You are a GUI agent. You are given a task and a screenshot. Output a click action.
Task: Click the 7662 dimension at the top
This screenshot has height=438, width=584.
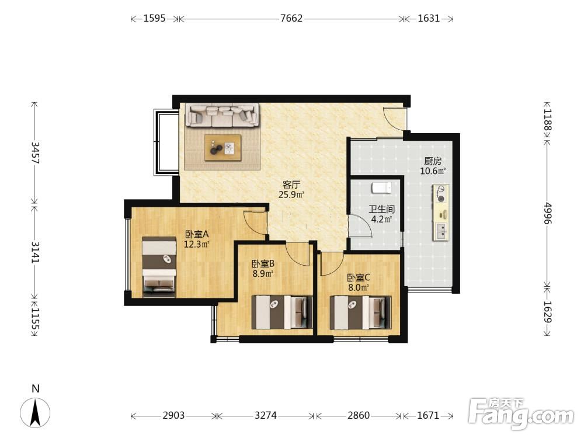[x=291, y=18]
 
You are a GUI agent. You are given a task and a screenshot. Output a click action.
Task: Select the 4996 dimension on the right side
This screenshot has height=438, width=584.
[x=547, y=213]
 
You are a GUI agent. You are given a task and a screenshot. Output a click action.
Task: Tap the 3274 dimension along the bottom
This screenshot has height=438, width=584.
[x=266, y=415]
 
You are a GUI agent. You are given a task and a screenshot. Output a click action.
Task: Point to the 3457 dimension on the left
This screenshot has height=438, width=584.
[x=35, y=152]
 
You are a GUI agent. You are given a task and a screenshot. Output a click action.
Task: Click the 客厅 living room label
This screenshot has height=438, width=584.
[x=291, y=185]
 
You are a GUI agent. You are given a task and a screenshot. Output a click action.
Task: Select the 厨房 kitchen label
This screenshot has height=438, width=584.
[x=433, y=161]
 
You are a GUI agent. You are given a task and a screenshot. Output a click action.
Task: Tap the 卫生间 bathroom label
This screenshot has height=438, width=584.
[x=381, y=209]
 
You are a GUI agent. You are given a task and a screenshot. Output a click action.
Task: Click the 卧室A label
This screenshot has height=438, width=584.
[x=197, y=235]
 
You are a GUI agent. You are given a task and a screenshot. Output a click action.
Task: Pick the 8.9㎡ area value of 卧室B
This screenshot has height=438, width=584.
[x=263, y=274]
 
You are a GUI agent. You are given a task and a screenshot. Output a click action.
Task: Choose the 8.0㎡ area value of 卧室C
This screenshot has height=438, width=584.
[x=359, y=287]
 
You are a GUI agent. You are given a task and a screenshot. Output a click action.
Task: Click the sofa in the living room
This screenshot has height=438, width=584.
[x=223, y=116]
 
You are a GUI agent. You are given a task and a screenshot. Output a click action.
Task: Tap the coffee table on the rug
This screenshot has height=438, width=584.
[x=223, y=148]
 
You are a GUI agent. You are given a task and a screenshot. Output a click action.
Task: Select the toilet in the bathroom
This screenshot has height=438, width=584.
[x=381, y=187]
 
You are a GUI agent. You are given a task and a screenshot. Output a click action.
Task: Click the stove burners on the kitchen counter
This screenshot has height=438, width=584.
[x=440, y=194]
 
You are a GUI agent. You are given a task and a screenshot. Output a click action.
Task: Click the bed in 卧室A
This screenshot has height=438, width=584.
[x=159, y=267]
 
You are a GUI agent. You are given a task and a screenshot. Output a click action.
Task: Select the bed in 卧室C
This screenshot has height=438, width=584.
[x=360, y=312]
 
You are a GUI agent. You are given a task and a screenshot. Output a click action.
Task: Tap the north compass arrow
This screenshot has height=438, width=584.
[x=36, y=412]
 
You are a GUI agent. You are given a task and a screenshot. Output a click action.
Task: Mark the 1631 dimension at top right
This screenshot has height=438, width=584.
[x=429, y=18]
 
